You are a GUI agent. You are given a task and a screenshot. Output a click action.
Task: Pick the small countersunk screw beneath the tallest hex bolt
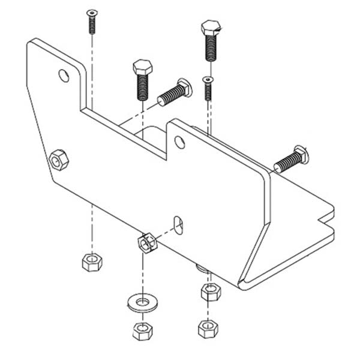[208, 88]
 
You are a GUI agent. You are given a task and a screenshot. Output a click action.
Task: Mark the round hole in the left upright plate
[64, 75]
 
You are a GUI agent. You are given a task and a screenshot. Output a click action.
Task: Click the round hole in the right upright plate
[179, 142]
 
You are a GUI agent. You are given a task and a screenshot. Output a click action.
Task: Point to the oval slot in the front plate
[178, 223]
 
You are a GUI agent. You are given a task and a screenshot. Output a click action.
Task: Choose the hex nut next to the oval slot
[147, 242]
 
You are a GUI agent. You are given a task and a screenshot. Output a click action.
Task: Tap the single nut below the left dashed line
[92, 262]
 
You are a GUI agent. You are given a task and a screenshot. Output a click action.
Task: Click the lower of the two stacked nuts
[208, 328]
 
